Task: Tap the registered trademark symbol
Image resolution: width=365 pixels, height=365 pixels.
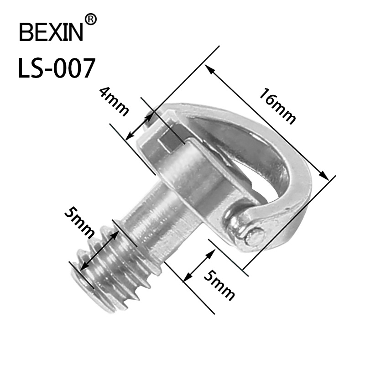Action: click(x=91, y=19)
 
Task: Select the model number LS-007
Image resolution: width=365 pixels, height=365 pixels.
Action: click(x=56, y=68)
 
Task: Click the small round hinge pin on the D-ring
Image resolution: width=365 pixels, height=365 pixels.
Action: click(x=256, y=235)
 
